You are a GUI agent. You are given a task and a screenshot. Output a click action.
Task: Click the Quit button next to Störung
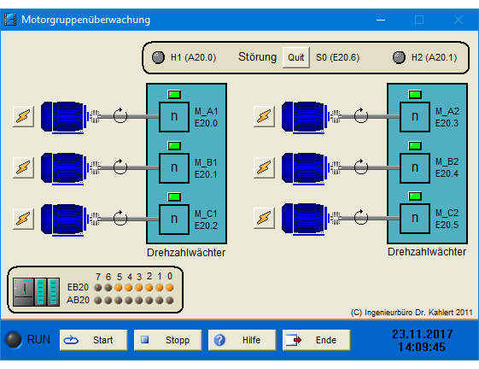pyautogui.click(x=296, y=57)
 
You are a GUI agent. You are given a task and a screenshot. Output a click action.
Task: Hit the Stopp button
pyautogui.click(x=167, y=340)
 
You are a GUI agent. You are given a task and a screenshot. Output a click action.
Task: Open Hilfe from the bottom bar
pyautogui.click(x=242, y=340)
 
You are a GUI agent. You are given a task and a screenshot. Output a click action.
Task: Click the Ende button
pyautogui.click(x=316, y=340)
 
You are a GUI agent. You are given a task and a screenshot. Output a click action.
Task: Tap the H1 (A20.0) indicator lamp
pyautogui.click(x=158, y=57)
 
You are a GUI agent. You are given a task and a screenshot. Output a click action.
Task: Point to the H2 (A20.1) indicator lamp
pyautogui.click(x=399, y=57)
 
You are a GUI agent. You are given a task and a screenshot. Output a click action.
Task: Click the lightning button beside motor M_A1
pyautogui.click(x=24, y=116)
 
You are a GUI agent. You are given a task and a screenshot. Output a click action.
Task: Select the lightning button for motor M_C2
pyautogui.click(x=264, y=218)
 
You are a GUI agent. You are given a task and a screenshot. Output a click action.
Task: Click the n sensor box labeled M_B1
pyautogui.click(x=174, y=167)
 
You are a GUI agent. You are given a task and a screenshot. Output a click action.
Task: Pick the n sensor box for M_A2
pyautogui.click(x=415, y=116)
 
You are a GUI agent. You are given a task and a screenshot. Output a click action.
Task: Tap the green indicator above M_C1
pyautogui.click(x=174, y=196)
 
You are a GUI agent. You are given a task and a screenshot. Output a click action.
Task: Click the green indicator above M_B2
pyautogui.click(x=415, y=145)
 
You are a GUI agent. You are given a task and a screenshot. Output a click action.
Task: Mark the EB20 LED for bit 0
pyautogui.click(x=170, y=288)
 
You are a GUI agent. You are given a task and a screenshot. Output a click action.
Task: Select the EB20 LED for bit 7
pyautogui.click(x=97, y=288)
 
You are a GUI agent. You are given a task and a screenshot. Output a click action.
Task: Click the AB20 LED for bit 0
pyautogui.click(x=170, y=301)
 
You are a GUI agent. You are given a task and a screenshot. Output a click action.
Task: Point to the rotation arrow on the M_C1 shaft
pyautogui.click(x=120, y=218)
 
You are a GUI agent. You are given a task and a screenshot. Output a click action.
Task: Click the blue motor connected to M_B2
pyautogui.click(x=304, y=168)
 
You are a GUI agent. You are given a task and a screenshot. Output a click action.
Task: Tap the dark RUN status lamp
pyautogui.click(x=14, y=340)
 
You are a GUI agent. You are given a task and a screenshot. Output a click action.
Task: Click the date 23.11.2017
pyautogui.click(x=423, y=334)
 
